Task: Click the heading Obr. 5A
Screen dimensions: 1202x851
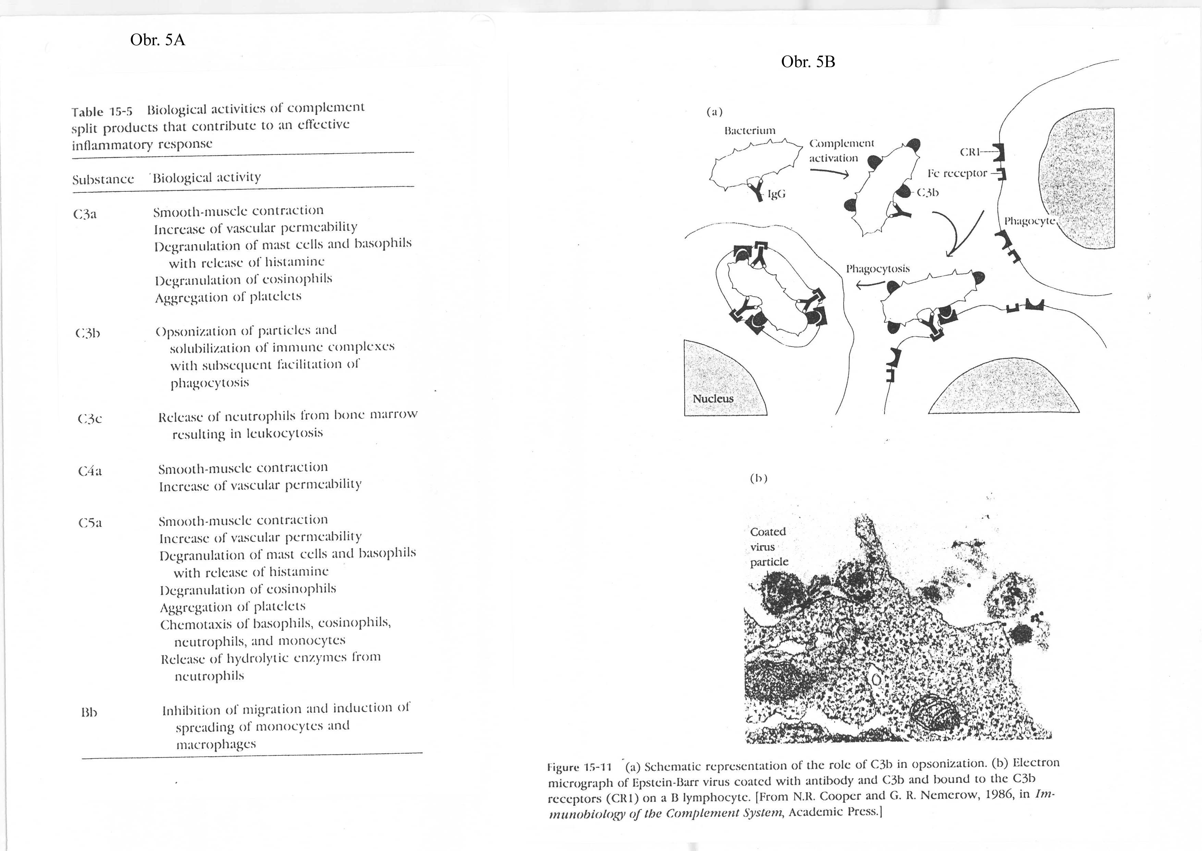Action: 158,40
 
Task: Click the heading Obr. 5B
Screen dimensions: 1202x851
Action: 808,62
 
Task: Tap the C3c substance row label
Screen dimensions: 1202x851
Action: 90,419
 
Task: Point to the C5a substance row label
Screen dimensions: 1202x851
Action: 90,523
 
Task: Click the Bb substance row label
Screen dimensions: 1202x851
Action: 89,713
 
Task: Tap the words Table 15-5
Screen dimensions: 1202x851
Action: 102,112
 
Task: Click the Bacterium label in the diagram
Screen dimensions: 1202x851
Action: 750,130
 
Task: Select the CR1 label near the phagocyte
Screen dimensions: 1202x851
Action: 970,152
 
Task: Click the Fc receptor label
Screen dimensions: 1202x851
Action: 957,173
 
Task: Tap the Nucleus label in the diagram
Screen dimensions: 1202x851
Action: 713,399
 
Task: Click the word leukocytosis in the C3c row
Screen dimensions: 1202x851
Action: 285,433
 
